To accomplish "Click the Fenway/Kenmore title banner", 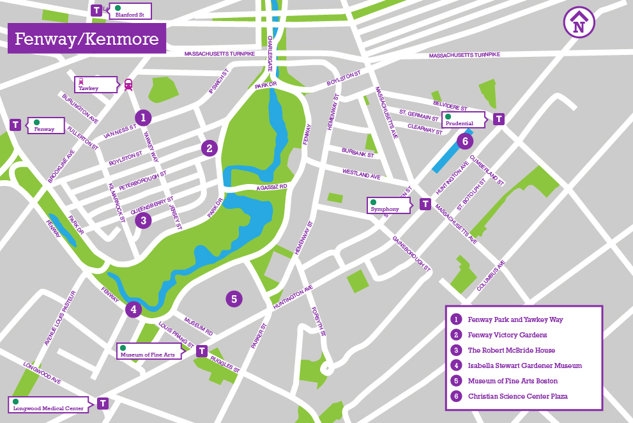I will coord(86,39).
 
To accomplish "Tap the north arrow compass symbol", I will coord(579,23).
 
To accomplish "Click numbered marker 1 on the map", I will coord(144,117).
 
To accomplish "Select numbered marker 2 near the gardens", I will coord(209,148).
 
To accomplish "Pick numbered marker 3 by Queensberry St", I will coord(144,221).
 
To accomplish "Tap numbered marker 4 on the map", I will coord(133,310).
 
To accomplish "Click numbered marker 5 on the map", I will coord(234,298).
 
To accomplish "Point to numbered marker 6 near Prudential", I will coord(465,141).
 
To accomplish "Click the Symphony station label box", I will coord(388,205).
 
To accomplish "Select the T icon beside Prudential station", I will coord(499,119).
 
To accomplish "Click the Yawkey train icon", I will coord(128,84).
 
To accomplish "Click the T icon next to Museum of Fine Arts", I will coord(202,351).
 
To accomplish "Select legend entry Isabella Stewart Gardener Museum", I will coord(524,365).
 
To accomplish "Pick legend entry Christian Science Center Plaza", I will coord(517,396).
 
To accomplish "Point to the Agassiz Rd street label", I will coord(272,187).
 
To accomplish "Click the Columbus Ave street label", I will coord(491,276).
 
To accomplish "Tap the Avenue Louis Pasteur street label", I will coord(60,319).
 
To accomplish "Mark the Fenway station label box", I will coord(46,125).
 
